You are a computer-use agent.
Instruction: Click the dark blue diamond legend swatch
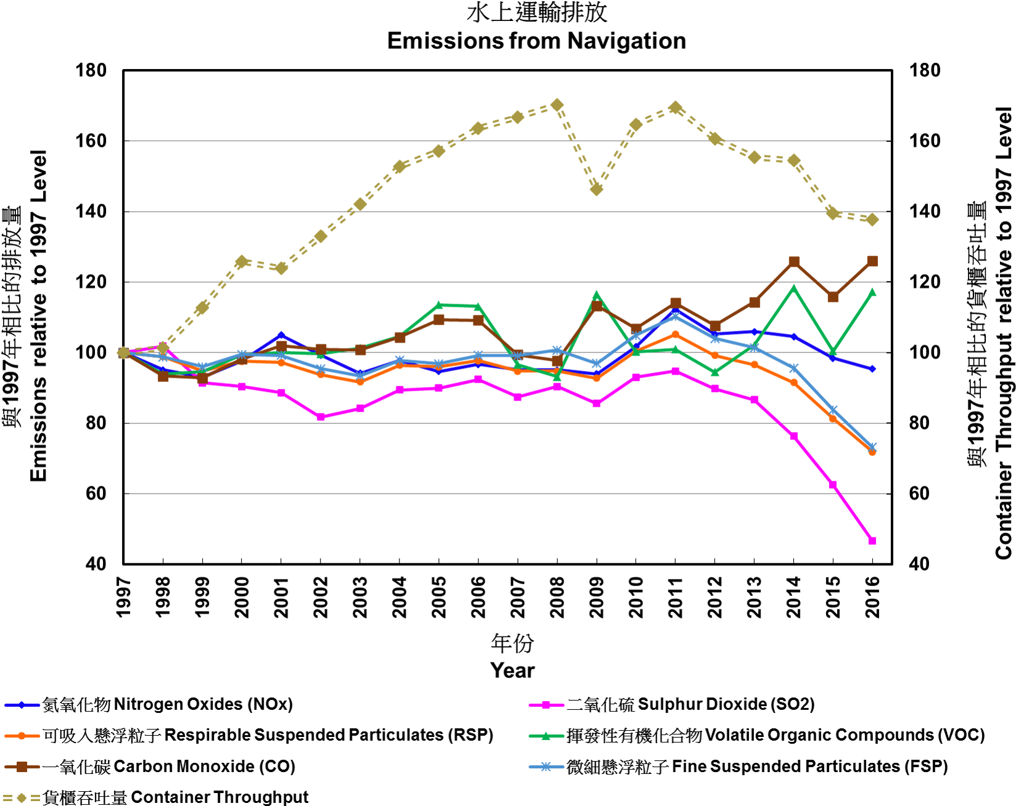(22, 705)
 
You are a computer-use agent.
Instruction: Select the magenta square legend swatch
(546, 705)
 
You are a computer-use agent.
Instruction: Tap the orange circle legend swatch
(22, 736)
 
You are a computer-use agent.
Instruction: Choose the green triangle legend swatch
(546, 735)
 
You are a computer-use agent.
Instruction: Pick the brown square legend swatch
(22, 767)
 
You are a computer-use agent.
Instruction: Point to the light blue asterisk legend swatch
(546, 767)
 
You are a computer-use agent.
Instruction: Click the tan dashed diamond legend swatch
(22, 798)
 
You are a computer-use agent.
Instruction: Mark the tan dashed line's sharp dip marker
(596, 189)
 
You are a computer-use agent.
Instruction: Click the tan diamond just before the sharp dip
(557, 105)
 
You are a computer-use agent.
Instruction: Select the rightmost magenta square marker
(872, 540)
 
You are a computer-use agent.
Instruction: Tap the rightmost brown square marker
(872, 261)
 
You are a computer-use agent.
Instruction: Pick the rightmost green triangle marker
(872, 291)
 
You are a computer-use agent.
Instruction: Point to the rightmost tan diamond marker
(872, 220)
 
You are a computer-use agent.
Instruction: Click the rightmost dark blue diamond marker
(872, 369)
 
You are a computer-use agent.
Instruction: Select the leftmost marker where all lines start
(123, 352)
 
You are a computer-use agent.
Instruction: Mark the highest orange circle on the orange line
(675, 334)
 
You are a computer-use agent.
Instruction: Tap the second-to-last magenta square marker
(832, 485)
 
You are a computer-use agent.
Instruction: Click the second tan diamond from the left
(163, 348)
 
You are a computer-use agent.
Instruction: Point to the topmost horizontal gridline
(506, 141)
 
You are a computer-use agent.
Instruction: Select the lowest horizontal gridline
(506, 494)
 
